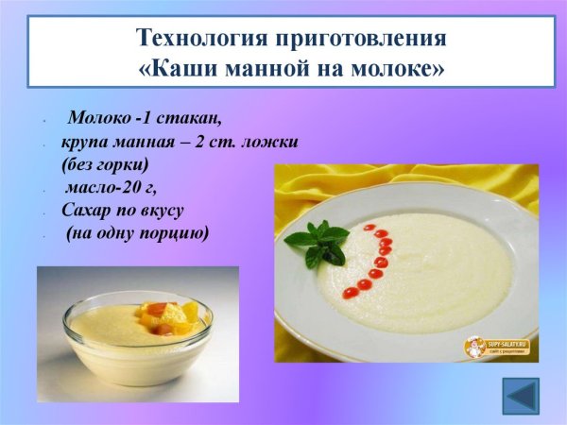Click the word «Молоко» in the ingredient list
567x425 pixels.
(98, 120)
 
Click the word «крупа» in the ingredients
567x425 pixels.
(86, 142)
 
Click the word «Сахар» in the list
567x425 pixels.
(88, 210)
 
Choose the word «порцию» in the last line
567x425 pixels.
(174, 232)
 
